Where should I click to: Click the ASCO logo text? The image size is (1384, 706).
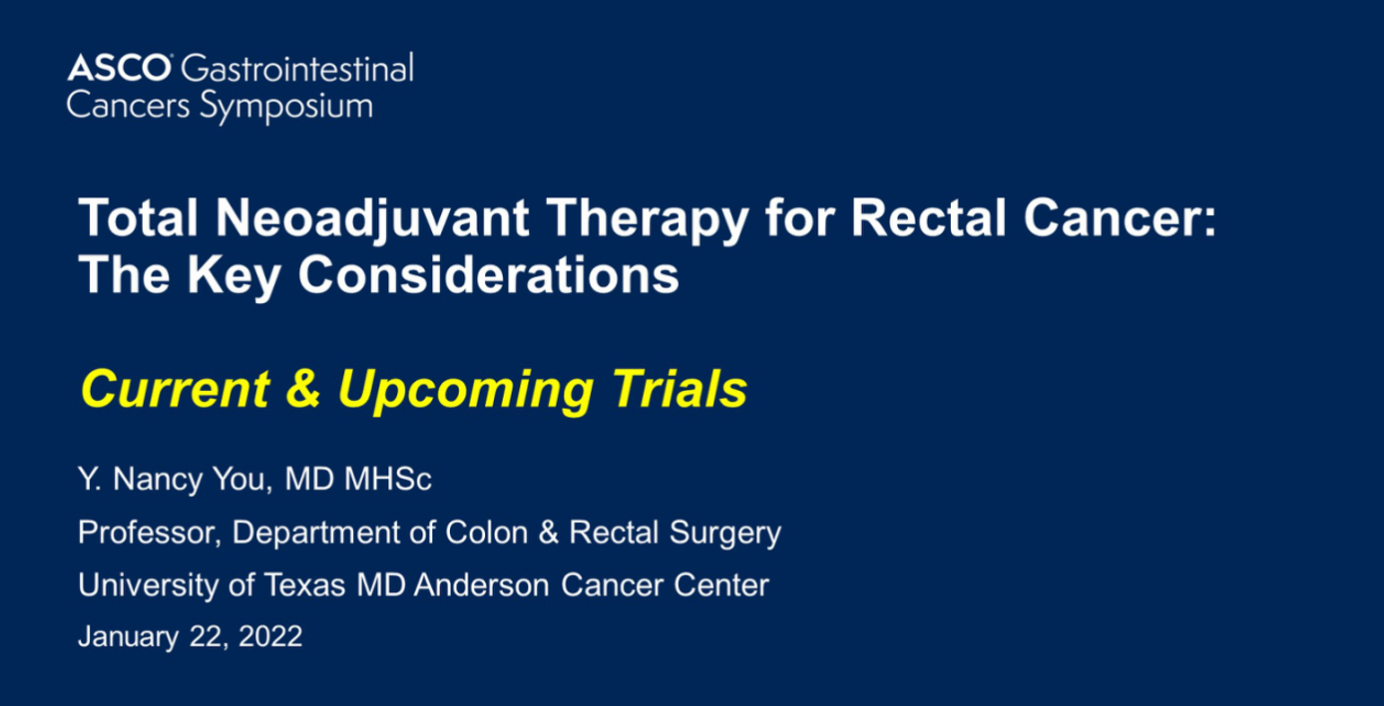click(x=120, y=68)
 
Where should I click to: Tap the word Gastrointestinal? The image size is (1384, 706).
click(x=297, y=68)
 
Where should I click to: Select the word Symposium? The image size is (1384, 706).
click(x=286, y=107)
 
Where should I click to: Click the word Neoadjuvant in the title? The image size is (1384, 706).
click(x=372, y=219)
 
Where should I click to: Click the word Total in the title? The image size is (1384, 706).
click(x=139, y=218)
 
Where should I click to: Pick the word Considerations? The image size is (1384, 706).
click(x=489, y=274)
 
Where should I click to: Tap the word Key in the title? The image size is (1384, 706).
click(x=233, y=277)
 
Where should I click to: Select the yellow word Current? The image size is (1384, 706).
click(x=176, y=389)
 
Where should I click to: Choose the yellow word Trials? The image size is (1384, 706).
click(x=680, y=388)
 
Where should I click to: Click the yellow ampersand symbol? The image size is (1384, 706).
click(x=304, y=389)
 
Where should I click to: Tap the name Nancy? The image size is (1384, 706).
click(x=158, y=481)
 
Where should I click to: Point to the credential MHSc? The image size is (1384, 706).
click(x=388, y=480)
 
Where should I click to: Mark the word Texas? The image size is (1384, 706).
click(x=305, y=585)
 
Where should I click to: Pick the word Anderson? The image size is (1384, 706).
click(x=482, y=585)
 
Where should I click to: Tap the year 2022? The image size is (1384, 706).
click(x=270, y=636)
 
